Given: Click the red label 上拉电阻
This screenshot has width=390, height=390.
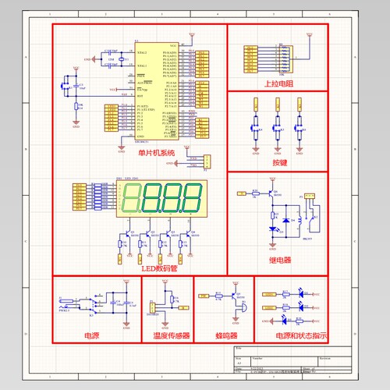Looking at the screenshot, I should pos(278,83).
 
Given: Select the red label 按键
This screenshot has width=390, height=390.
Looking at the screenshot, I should pos(279,163).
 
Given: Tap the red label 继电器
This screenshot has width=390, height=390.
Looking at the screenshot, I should pos(279,260).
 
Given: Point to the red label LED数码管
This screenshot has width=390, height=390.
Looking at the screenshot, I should pos(159,268).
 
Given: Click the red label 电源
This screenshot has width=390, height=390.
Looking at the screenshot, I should pos(92,336).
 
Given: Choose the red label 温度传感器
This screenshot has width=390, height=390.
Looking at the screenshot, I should pos(166,336).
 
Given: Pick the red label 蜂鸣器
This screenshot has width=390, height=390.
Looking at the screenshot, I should pos(232,336).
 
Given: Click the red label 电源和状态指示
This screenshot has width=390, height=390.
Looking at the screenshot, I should pos(300,336).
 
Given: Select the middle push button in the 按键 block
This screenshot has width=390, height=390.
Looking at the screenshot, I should pos(277,125).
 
